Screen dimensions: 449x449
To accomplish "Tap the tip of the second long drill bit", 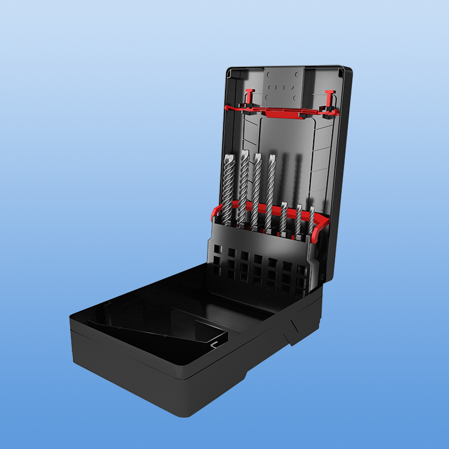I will point(245,153).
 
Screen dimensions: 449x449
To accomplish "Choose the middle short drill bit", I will point(299,220).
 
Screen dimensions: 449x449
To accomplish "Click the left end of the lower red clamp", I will point(215,213).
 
